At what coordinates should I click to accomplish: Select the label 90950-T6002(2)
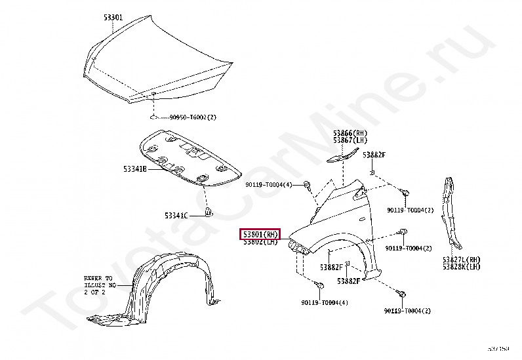[193, 117]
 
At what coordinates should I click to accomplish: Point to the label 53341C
[176, 215]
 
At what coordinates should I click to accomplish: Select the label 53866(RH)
[350, 132]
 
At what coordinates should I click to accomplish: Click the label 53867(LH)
[350, 140]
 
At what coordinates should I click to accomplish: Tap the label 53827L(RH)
[461, 260]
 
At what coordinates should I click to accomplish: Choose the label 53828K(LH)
[461, 267]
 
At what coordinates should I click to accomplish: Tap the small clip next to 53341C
[210, 212]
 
